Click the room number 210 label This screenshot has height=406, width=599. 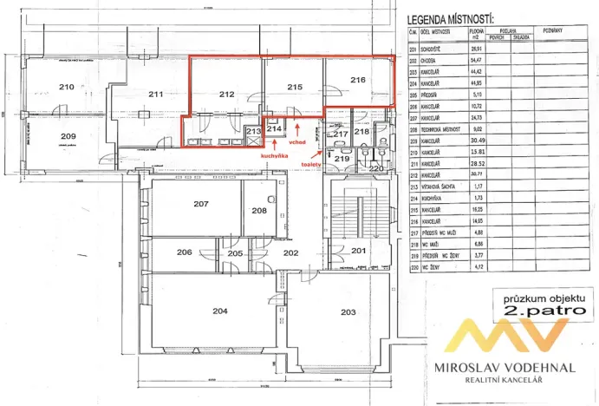[65, 88]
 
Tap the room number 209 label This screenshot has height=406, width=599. [68, 136]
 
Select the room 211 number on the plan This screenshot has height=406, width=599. [156, 94]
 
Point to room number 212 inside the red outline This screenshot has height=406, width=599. [228, 94]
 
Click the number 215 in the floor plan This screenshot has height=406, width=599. [295, 88]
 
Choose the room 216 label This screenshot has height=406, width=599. [359, 81]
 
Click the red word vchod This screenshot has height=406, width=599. [299, 141]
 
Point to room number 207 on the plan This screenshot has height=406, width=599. [202, 205]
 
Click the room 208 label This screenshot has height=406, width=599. [259, 211]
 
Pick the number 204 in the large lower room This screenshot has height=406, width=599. [221, 310]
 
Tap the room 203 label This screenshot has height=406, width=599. [348, 311]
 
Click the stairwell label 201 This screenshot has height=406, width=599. [359, 251]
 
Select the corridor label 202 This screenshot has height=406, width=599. [290, 252]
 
